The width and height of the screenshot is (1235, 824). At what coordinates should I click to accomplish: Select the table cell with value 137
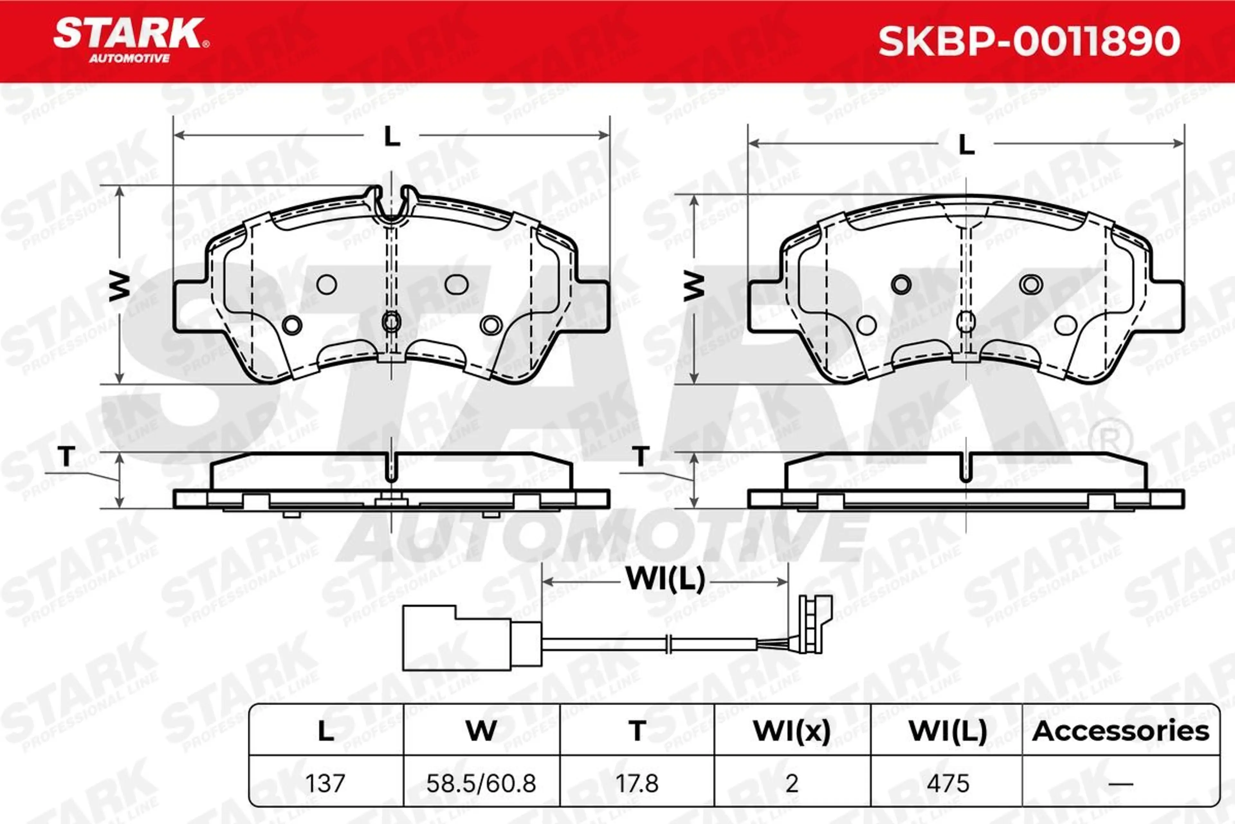(325, 783)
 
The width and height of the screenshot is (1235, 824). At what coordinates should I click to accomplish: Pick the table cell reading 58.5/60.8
(481, 783)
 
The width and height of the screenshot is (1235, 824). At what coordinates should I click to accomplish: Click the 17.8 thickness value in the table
(637, 783)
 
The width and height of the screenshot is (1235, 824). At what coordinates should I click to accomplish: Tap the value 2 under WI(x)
(792, 783)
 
